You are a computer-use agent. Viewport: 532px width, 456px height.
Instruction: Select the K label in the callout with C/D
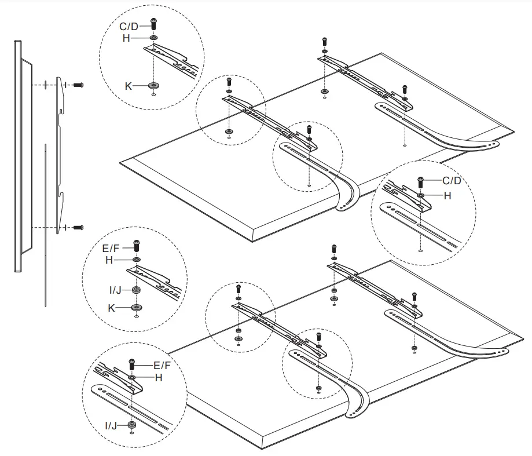pos(129,85)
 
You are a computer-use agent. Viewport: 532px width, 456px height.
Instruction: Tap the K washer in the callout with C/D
pos(153,86)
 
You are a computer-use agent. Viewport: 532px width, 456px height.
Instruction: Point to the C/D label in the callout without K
pos(452,181)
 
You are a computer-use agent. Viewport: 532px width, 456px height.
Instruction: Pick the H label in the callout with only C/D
pos(447,196)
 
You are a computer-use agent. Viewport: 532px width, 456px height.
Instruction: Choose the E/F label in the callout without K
pos(163,366)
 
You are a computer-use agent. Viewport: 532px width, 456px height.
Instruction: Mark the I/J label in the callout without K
pos(111,426)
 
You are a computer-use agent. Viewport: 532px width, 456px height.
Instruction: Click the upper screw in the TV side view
pos(79,85)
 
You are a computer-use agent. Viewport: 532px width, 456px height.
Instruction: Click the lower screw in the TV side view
pos(79,227)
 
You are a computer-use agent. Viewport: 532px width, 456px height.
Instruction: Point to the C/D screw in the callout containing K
pos(153,24)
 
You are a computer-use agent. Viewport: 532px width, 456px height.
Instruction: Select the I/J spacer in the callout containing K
pos(136,290)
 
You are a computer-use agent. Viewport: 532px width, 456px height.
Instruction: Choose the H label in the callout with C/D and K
pos(127,38)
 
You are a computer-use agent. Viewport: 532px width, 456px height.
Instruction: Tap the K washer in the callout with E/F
pos(136,307)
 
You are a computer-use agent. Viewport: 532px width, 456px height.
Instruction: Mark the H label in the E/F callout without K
pos(157,377)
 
